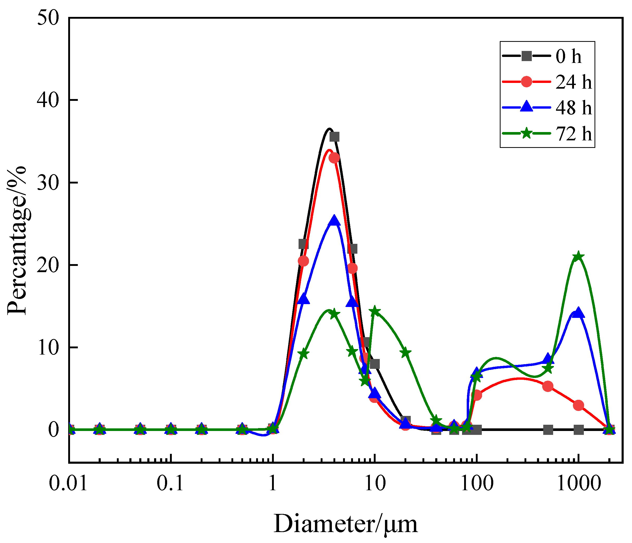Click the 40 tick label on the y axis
click(48, 100)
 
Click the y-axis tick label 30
click(48, 183)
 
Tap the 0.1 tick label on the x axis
click(170, 483)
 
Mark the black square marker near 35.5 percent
click(334, 137)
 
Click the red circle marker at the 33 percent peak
click(334, 158)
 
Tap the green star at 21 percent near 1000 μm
click(578, 257)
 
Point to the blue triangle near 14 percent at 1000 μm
click(578, 313)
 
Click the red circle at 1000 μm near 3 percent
click(578, 405)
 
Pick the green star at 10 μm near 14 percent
click(375, 311)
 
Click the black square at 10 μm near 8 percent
click(375, 364)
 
